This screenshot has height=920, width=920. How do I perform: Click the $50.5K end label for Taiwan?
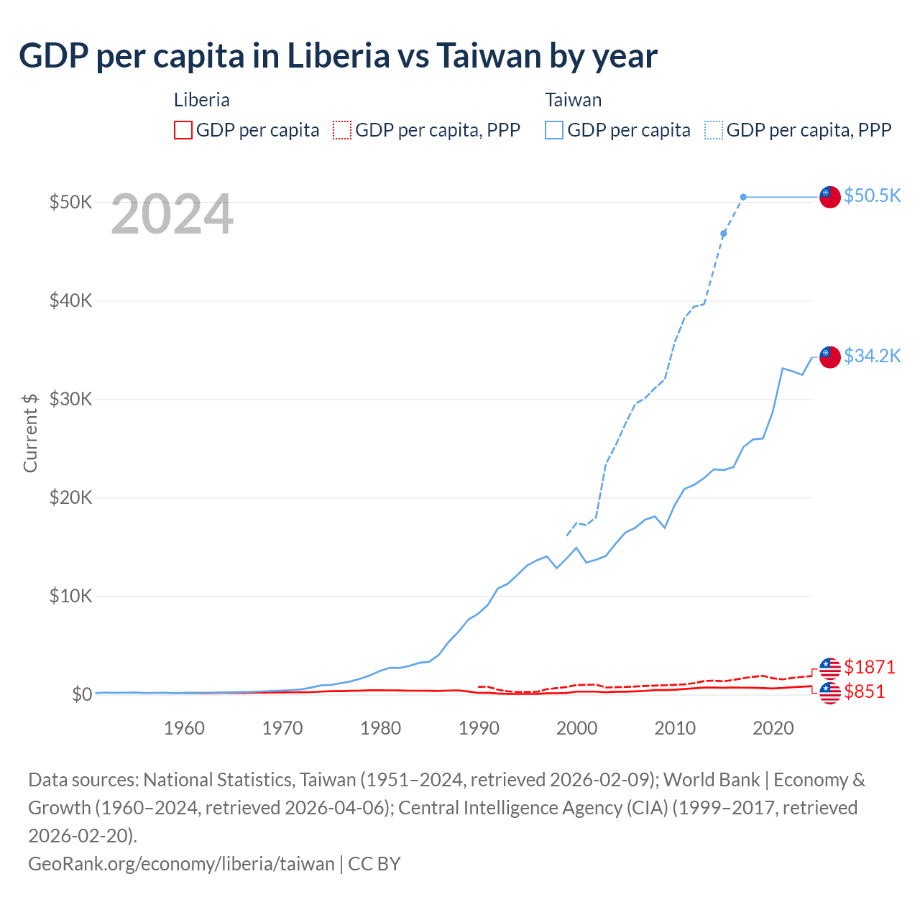[x=872, y=195]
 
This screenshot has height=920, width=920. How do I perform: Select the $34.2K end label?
[x=872, y=356]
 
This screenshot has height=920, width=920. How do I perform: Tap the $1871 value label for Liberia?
[x=870, y=667]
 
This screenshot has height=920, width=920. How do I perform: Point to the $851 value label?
[x=865, y=691]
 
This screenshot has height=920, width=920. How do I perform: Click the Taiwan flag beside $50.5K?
[x=830, y=197]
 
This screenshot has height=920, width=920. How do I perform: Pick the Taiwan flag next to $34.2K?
[x=830, y=356]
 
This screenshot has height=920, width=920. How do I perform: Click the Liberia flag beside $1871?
[x=830, y=668]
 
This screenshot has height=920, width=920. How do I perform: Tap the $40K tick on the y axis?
[x=70, y=300]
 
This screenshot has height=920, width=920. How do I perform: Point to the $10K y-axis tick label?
[x=70, y=596]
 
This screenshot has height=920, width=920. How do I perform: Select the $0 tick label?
[x=81, y=694]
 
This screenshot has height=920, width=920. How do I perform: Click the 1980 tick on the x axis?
[x=380, y=728]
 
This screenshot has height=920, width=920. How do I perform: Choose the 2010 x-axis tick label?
[x=675, y=728]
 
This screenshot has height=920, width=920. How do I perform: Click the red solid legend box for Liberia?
[x=183, y=130]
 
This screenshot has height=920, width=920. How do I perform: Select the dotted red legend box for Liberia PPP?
[x=342, y=130]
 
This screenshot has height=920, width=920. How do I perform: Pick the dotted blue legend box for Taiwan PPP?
[x=714, y=130]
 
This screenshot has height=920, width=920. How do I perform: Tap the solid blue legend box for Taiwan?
[x=554, y=130]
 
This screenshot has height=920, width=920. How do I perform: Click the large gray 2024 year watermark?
[x=172, y=214]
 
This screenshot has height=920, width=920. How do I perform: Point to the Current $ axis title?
[x=30, y=433]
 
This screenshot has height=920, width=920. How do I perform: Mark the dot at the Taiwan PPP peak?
[x=743, y=197]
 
